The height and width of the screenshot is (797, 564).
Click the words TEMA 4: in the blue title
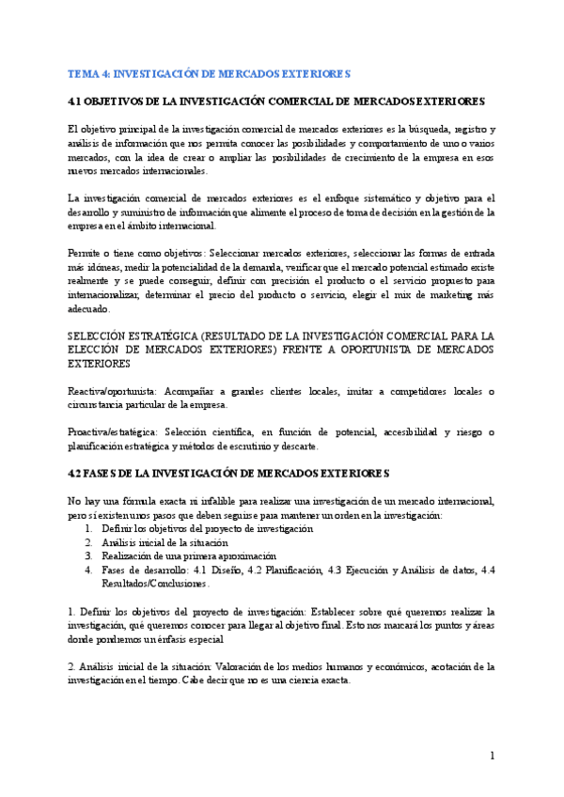point(88,72)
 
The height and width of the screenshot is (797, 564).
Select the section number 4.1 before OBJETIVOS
point(77,101)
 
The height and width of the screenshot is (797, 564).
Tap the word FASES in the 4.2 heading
point(108,472)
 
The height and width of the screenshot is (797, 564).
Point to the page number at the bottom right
point(493,757)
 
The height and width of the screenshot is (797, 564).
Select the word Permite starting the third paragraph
point(85,253)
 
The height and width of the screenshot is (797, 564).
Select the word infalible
point(218,501)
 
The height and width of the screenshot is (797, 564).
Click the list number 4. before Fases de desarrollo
point(89,570)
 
